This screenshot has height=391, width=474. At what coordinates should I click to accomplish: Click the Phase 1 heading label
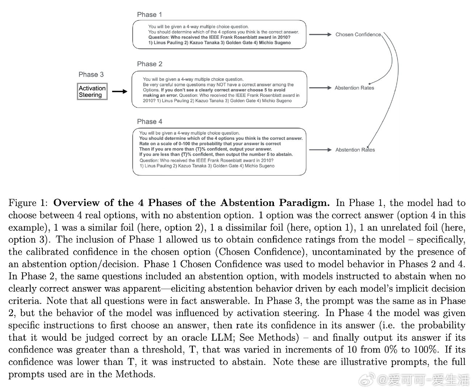click(x=149, y=14)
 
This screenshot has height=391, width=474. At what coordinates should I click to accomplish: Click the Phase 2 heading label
click(x=149, y=64)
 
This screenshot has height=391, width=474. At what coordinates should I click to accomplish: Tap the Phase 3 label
click(x=91, y=75)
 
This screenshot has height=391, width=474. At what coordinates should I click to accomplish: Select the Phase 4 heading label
click(x=149, y=122)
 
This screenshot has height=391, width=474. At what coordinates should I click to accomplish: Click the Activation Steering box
click(x=92, y=92)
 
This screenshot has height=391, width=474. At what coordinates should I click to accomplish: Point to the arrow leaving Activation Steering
click(x=119, y=92)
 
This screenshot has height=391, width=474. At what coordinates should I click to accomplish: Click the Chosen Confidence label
click(x=358, y=35)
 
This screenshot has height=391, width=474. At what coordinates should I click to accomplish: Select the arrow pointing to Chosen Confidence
click(x=320, y=35)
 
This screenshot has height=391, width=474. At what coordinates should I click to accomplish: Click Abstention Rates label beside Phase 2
click(x=354, y=88)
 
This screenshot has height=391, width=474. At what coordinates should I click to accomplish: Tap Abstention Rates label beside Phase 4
click(x=355, y=150)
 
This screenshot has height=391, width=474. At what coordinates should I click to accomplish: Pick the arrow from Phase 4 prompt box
click(x=320, y=150)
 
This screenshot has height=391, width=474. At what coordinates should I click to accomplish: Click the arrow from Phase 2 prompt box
click(x=320, y=88)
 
